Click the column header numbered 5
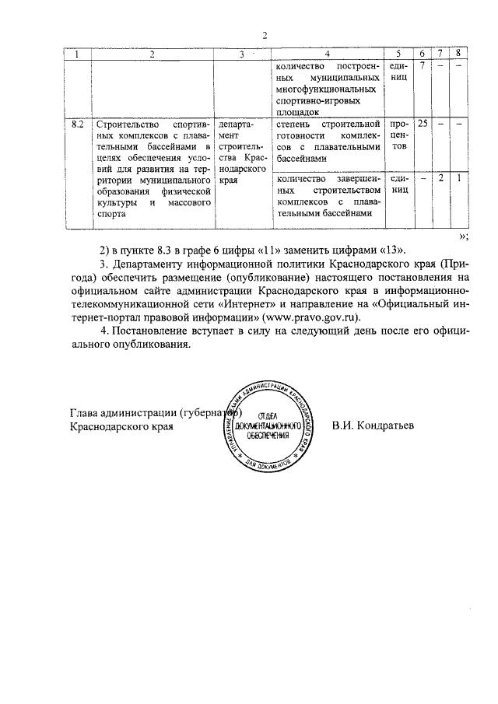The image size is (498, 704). [x=398, y=54]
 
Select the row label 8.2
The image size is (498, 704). [x=77, y=124]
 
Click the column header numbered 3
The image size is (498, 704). [x=242, y=54]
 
